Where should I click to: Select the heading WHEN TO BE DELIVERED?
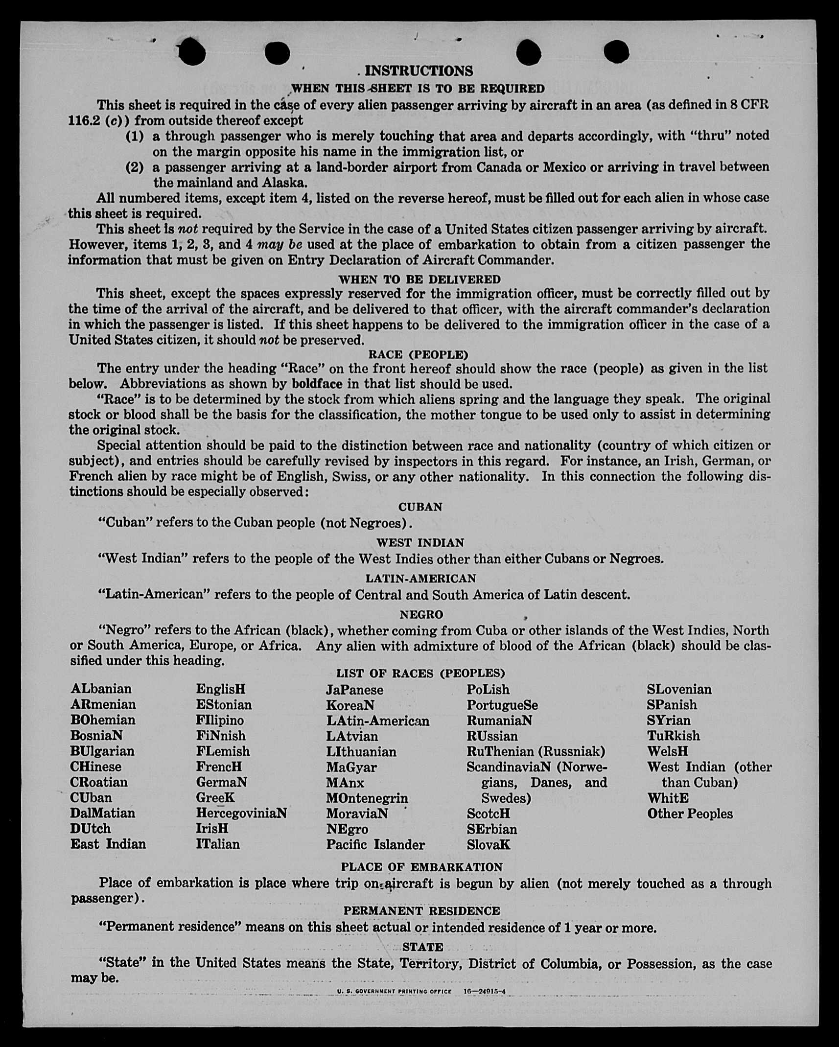419,279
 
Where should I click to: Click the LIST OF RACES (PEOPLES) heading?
420,674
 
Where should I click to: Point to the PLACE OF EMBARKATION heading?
421,867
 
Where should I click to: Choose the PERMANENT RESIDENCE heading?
421,910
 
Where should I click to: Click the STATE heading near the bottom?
422,947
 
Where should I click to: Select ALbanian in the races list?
101,689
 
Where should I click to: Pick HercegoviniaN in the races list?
241,813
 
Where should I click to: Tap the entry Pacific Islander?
375,844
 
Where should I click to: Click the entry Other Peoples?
690,814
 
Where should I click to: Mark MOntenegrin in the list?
367,798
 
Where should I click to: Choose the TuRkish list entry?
673,736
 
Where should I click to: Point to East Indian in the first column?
108,844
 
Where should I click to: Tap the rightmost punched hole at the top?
616,51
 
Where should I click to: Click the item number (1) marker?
135,136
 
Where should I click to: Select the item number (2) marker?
135,167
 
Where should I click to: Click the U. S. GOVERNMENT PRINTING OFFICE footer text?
394,991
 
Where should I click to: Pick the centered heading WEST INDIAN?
420,542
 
